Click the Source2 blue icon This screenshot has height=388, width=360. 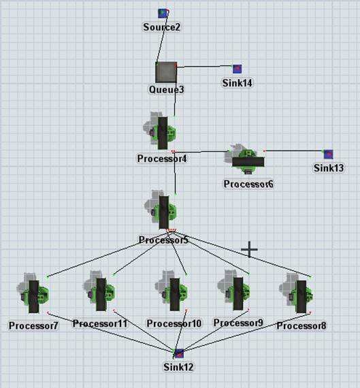tap(163, 14)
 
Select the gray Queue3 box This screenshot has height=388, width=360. tap(166, 72)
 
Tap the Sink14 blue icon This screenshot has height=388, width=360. tap(238, 69)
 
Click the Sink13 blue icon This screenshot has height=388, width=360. tap(328, 155)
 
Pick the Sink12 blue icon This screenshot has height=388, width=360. tap(179, 353)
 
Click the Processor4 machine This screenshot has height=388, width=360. tap(160, 131)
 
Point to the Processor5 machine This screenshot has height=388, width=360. tap(161, 210)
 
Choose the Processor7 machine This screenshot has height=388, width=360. tap(33, 293)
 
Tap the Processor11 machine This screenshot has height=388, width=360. tap(99, 291)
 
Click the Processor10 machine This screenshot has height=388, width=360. tap(171, 291)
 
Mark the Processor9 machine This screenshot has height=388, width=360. tap(233, 290)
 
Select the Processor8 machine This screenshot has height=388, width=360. tap(296, 293)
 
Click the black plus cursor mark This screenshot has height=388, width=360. tap(249, 249)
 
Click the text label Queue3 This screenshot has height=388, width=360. tap(166, 90)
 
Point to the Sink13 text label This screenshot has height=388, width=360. tap(329, 168)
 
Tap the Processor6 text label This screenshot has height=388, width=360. tap(248, 184)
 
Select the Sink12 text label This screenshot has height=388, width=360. tap(178, 367)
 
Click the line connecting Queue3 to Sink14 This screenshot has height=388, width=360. tap(204, 66)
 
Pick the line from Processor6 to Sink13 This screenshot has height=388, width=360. tap(294, 150)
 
